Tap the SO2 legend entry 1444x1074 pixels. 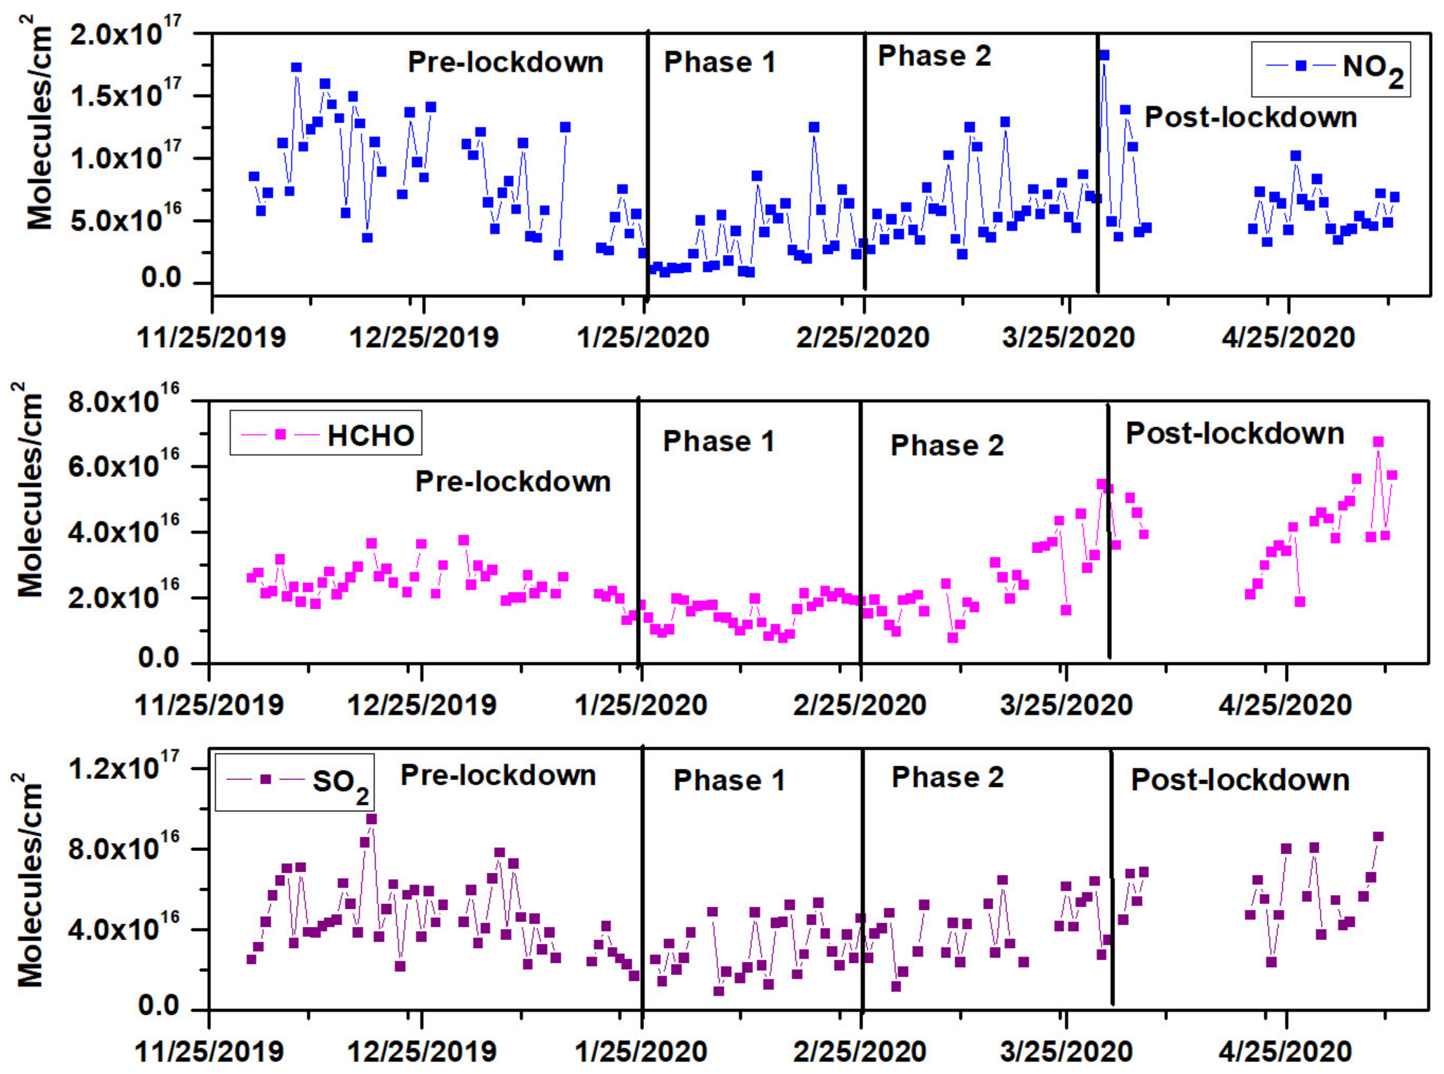coord(295,782)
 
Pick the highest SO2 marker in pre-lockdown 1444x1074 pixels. coord(371,819)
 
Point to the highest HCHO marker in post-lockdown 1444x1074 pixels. coord(1378,442)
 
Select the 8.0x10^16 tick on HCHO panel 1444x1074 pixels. coord(123,402)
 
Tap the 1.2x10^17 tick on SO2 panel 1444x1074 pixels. coord(123,769)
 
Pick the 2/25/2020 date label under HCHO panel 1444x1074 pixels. coord(859,705)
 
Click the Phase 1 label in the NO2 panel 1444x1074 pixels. coord(719,62)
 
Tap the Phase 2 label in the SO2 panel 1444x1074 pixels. coord(947,777)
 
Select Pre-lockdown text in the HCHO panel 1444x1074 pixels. coord(513,482)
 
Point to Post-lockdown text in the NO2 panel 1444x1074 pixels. coord(1250,118)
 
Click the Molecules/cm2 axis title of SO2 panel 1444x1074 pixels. coord(29,881)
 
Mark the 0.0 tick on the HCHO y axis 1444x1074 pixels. coord(159,659)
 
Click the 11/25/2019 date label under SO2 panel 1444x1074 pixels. coord(209,1051)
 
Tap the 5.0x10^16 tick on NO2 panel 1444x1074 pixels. coord(125,220)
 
